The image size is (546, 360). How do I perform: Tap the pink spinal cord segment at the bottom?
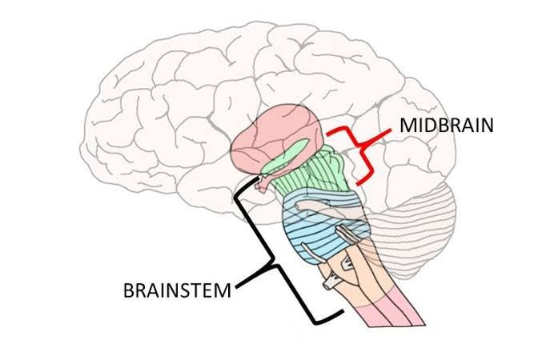tap(392, 320)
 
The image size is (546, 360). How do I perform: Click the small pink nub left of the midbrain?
tap(263, 184)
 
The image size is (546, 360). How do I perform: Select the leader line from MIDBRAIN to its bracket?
tap(388, 139)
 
